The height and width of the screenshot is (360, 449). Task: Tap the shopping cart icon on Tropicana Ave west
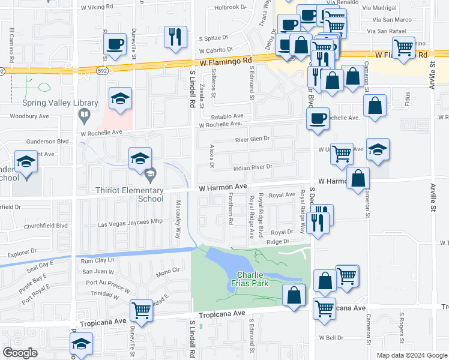click(141, 311)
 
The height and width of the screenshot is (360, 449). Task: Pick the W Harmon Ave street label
click(223, 187)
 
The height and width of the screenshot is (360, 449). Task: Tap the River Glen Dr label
click(253, 139)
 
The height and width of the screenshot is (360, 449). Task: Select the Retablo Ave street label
click(226, 116)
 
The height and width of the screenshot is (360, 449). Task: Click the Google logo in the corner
click(20, 353)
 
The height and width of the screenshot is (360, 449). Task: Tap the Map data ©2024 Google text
click(412, 355)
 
